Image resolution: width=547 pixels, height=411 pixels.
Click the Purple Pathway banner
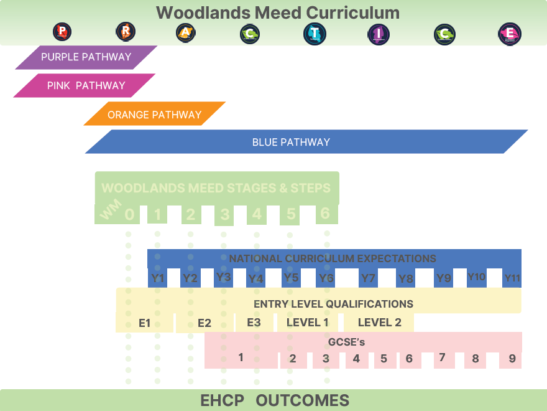tap(86, 57)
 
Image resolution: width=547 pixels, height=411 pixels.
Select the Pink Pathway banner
tap(86, 86)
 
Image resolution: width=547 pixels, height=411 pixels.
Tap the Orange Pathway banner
tap(154, 115)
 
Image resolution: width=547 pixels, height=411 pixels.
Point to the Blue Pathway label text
tap(291, 142)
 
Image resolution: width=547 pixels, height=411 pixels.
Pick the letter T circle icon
tap(315, 34)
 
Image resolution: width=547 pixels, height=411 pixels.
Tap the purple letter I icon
tap(379, 34)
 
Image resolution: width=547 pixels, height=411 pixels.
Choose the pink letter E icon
tap(510, 34)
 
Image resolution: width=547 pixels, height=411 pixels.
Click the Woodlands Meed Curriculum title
tap(278, 12)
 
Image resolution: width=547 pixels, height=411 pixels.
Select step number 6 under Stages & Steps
tap(324, 214)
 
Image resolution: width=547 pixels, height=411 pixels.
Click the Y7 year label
tap(368, 278)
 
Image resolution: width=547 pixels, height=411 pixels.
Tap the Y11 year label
tap(512, 278)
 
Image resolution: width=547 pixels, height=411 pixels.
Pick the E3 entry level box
tap(254, 323)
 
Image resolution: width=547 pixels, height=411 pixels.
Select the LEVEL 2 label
tap(379, 323)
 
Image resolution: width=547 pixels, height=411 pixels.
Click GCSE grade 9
tap(512, 359)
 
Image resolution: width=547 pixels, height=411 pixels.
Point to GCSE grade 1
tap(241, 357)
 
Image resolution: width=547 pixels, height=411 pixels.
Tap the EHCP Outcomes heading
tap(275, 400)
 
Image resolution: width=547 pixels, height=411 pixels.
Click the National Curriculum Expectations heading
tap(333, 258)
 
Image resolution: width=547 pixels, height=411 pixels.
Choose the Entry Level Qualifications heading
tap(333, 304)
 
